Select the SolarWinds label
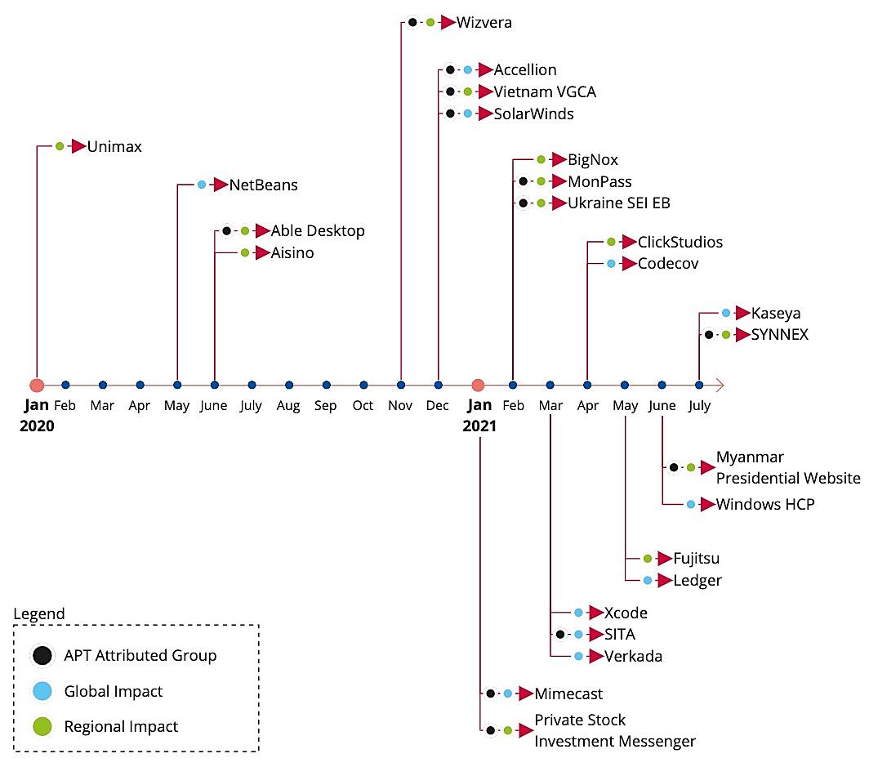coord(533,114)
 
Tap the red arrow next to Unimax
coord(78,147)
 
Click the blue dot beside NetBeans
coord(202,185)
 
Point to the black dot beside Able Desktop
coord(227,231)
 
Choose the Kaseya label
coord(775,313)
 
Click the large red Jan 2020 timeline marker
coord(36,385)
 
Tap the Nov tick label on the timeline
coord(401,406)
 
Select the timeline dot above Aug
coord(289,385)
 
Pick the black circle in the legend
coord(42,655)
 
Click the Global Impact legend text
coord(114,691)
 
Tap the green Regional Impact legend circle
coord(42,726)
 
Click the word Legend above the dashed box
coord(39,614)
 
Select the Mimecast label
coord(568,694)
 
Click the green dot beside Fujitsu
coord(648,559)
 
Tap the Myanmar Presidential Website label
coord(787,467)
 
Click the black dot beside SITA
coord(560,635)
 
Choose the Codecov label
coord(667,264)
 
